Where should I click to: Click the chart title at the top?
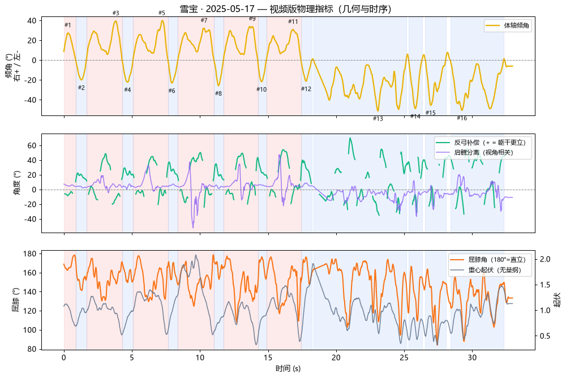point(285,8)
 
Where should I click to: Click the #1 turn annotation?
point(68,25)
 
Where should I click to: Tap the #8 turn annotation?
point(218,93)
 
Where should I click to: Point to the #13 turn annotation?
point(378,118)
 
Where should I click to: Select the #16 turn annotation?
point(462,118)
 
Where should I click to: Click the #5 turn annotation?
point(162,13)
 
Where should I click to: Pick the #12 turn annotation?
point(306,89)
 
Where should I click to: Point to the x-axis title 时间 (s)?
point(288,368)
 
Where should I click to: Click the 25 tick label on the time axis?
point(404,358)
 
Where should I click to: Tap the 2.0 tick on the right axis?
point(545,259)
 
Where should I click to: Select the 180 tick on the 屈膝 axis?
point(29,254)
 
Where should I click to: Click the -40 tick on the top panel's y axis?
point(31,100)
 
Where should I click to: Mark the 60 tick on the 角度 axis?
point(32,146)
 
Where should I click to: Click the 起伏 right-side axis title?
point(558,300)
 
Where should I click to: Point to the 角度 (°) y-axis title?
point(16,183)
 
